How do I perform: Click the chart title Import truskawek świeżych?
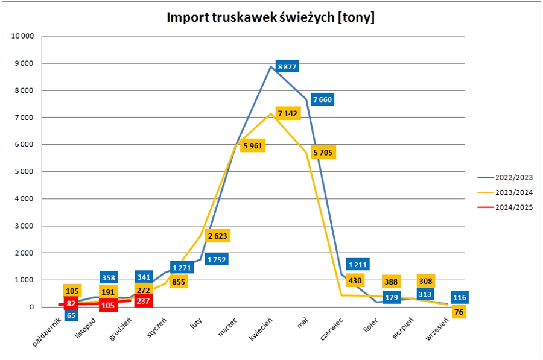[x=271, y=17]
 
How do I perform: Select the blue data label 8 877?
[x=287, y=66]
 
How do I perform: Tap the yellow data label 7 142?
[x=287, y=113]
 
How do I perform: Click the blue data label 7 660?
[x=322, y=99]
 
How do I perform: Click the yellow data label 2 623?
[x=218, y=236]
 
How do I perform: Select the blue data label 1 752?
[x=217, y=260]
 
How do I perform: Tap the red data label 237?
[x=143, y=300]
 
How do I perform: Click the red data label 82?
[x=71, y=303]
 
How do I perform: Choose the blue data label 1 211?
[x=358, y=264]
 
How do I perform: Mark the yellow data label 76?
[x=460, y=311]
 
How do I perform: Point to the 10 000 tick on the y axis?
[x=22, y=36]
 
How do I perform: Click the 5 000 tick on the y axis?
[x=24, y=172]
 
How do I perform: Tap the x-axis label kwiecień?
[x=261, y=330]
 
